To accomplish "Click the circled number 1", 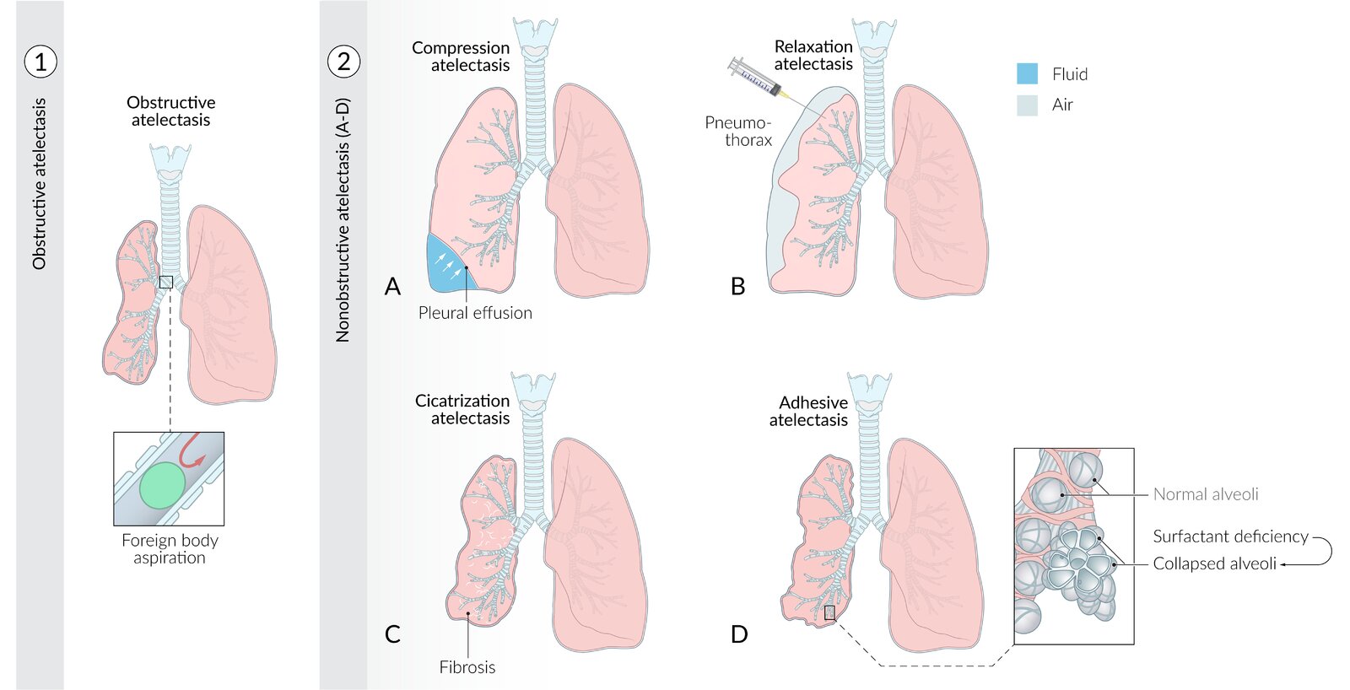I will tap(40, 62).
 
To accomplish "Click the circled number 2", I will tap(343, 62).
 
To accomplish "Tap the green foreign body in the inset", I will tap(162, 485).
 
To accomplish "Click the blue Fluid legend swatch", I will tap(1027, 74).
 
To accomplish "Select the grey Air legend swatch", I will tap(1027, 105).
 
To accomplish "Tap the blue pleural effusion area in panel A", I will tap(444, 265).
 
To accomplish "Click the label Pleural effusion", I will tap(475, 313).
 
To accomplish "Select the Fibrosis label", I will tap(467, 667).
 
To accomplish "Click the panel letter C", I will tap(392, 634).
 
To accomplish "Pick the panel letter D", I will tap(739, 634).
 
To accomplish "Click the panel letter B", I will tap(738, 287).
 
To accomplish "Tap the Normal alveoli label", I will tap(1205, 494).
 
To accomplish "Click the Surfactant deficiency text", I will tap(1230, 536).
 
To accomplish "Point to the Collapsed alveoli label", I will tap(1214, 563).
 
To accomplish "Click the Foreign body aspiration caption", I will tap(170, 548).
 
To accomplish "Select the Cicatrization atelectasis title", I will tap(463, 409).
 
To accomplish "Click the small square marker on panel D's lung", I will tap(829, 613).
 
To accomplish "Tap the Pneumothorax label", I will tap(739, 131).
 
